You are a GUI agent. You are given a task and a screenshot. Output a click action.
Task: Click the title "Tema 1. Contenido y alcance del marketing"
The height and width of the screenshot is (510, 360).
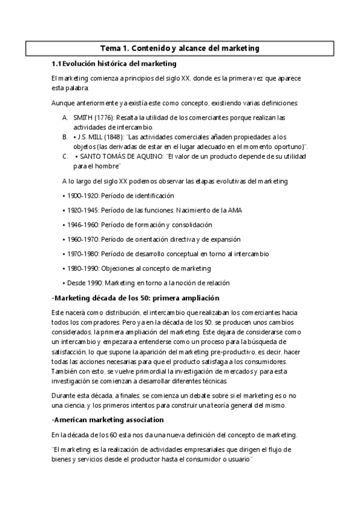[x=180, y=48]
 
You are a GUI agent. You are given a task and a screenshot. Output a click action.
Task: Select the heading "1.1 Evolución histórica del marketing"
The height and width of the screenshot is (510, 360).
[x=113, y=64]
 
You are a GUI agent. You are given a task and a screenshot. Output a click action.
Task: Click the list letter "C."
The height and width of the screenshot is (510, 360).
[x=65, y=156]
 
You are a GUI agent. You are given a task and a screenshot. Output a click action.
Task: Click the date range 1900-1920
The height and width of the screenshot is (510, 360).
[x=81, y=195]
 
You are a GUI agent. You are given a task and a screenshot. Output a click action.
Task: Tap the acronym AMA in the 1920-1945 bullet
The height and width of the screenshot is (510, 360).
[x=234, y=210]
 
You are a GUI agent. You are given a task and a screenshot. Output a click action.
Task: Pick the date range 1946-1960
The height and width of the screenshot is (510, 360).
[x=81, y=225]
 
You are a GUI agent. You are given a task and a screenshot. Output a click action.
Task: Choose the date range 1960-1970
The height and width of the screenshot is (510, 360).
[x=81, y=239]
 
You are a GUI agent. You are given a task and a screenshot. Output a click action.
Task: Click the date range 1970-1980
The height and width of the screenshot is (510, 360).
[x=81, y=254]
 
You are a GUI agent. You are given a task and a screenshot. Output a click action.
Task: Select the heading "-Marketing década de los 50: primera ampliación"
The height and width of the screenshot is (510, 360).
[x=136, y=298]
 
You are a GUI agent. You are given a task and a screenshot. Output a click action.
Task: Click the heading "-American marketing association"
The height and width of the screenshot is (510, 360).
[x=108, y=420]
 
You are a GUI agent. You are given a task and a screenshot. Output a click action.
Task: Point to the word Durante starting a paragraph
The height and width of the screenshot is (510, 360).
[x=64, y=396]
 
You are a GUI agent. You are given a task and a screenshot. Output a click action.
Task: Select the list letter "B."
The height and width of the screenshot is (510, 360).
[x=65, y=137]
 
